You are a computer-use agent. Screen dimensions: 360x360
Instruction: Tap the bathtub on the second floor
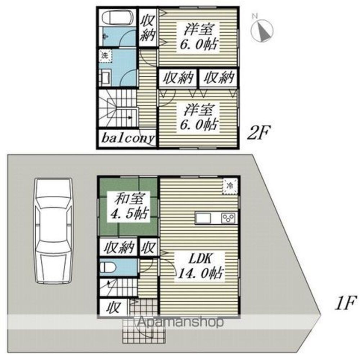(x=118, y=18)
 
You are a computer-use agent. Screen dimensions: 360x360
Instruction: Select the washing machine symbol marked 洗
(x=105, y=56)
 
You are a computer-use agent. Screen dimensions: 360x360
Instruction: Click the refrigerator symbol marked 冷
(x=230, y=186)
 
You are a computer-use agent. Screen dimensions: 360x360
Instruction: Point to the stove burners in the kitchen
(x=228, y=218)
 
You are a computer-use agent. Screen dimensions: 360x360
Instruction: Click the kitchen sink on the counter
(x=203, y=218)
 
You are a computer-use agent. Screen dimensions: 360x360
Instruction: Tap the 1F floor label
(x=346, y=303)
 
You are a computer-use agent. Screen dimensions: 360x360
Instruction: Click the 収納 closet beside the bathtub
(x=148, y=28)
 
